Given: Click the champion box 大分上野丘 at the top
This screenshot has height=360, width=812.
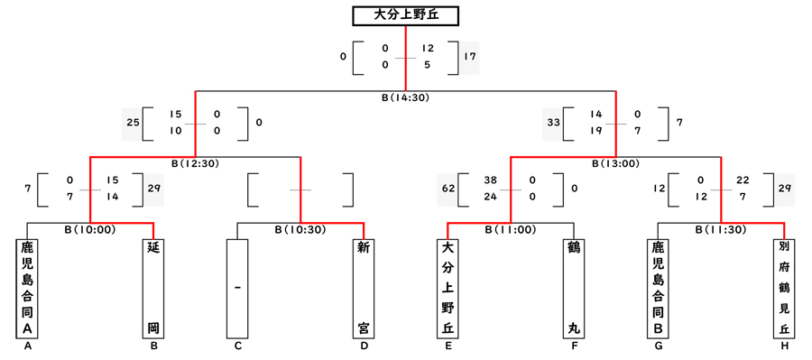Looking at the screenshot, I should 405,16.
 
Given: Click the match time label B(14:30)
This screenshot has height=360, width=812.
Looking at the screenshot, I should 405,97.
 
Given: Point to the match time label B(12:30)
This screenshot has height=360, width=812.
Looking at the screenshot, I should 195,163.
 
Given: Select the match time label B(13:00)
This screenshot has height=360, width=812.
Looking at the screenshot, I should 615,163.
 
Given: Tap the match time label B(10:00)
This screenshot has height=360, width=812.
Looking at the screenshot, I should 90,229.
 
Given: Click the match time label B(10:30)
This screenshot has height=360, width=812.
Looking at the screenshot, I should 300,229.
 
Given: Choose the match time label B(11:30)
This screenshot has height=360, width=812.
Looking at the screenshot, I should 720,229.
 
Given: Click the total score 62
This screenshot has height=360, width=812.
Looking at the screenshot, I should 448,189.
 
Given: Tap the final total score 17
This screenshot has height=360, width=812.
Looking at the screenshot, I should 469,57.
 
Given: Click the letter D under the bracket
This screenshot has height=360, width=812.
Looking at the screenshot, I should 363,346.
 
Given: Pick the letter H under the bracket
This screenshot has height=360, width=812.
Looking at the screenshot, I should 783,346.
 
